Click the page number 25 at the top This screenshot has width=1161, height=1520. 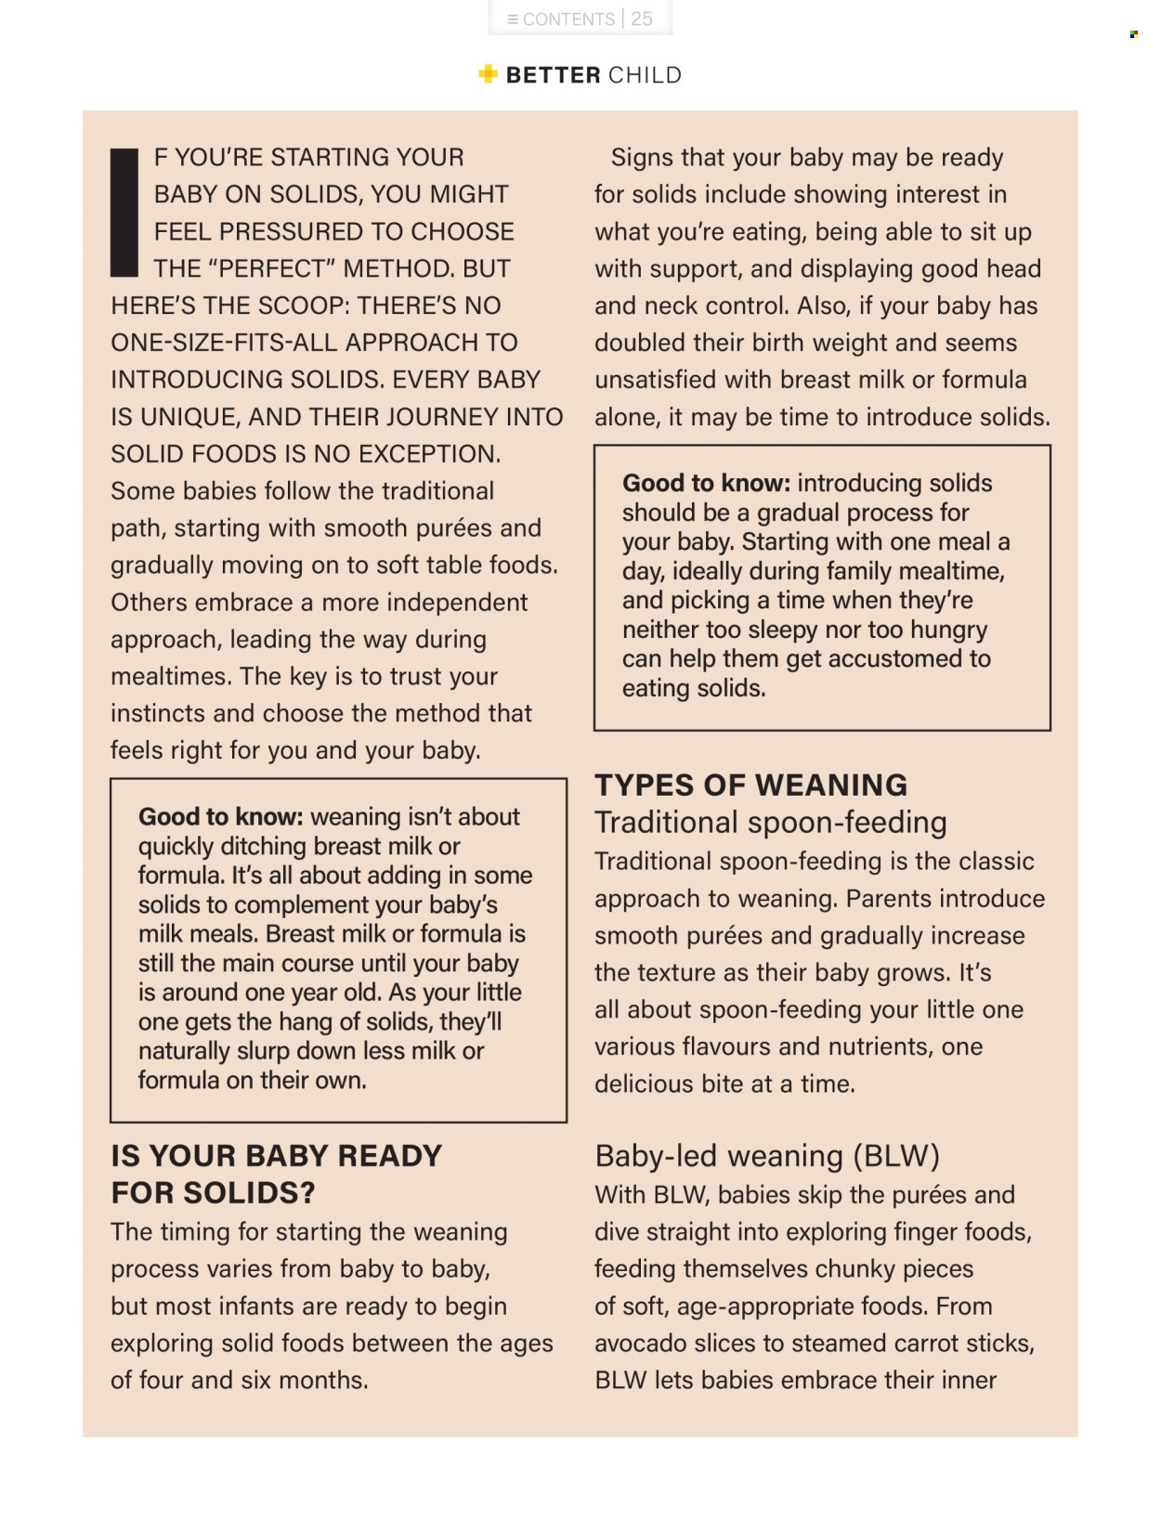[x=642, y=19]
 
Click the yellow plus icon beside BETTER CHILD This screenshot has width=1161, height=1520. [x=488, y=74]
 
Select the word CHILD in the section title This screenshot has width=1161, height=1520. [x=646, y=75]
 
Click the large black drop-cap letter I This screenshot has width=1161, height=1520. [x=124, y=212]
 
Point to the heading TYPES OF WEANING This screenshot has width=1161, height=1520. [x=750, y=785]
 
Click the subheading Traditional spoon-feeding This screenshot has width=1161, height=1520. [x=771, y=822]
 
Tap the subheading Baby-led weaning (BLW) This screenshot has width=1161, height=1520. [x=767, y=1156]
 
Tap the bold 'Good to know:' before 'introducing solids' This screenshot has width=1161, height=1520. [x=706, y=483]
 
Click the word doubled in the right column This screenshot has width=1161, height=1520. [x=640, y=343]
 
